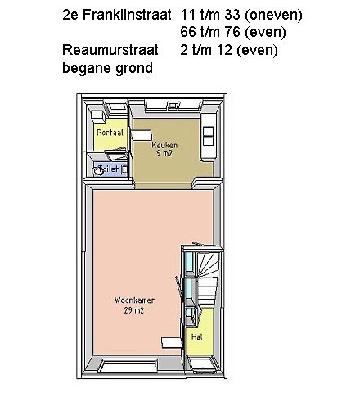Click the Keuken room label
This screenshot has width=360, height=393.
[164, 145]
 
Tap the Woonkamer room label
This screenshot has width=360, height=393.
[134, 300]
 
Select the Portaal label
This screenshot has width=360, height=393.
[110, 133]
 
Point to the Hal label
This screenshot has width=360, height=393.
[197, 337]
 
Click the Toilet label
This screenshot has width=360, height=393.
[109, 169]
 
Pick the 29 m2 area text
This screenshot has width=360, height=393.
[133, 310]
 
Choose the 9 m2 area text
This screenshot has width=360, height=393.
[164, 153]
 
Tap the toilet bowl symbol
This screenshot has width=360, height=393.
[97, 171]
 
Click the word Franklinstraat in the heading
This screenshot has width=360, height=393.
[127, 15]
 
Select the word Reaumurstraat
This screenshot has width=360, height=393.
[110, 50]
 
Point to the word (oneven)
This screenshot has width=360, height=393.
[273, 15]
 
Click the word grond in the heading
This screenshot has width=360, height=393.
[134, 68]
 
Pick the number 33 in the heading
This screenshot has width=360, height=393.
[232, 15]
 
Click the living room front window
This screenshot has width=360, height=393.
[128, 366]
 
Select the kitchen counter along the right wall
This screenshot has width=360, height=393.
[209, 138]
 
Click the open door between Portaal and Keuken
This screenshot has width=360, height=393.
[141, 135]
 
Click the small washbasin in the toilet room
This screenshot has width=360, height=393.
[124, 169]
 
